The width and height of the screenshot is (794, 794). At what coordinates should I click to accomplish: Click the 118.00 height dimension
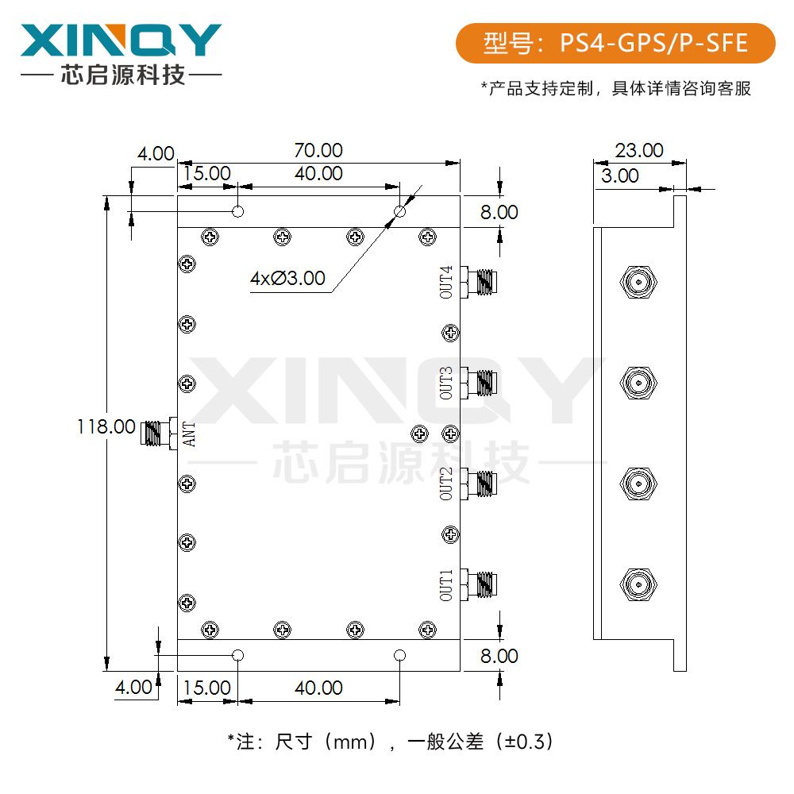point(106,426)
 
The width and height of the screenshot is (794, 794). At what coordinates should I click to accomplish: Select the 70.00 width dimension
point(318,150)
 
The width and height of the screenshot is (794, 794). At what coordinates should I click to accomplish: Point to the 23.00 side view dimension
point(639,150)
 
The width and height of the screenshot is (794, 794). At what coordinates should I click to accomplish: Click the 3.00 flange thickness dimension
point(619,175)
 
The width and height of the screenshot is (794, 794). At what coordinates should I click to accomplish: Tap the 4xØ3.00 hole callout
point(287,278)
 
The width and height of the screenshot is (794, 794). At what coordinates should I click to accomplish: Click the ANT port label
point(190,434)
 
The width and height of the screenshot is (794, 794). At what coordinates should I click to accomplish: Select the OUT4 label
point(446,282)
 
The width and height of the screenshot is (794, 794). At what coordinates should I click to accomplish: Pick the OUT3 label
point(446,383)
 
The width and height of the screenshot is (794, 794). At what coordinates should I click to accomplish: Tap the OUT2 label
point(446,484)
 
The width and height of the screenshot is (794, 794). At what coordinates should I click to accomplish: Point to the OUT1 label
point(446,584)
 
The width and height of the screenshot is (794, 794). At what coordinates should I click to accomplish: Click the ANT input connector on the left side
point(158,434)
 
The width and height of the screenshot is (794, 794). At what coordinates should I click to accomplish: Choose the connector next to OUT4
point(480,281)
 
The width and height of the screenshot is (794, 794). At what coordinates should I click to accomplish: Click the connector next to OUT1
point(480,584)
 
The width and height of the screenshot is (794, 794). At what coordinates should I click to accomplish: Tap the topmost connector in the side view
point(637,282)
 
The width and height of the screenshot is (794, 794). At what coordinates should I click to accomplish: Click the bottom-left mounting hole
point(237,655)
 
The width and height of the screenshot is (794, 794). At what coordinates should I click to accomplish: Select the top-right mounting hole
point(400,212)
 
